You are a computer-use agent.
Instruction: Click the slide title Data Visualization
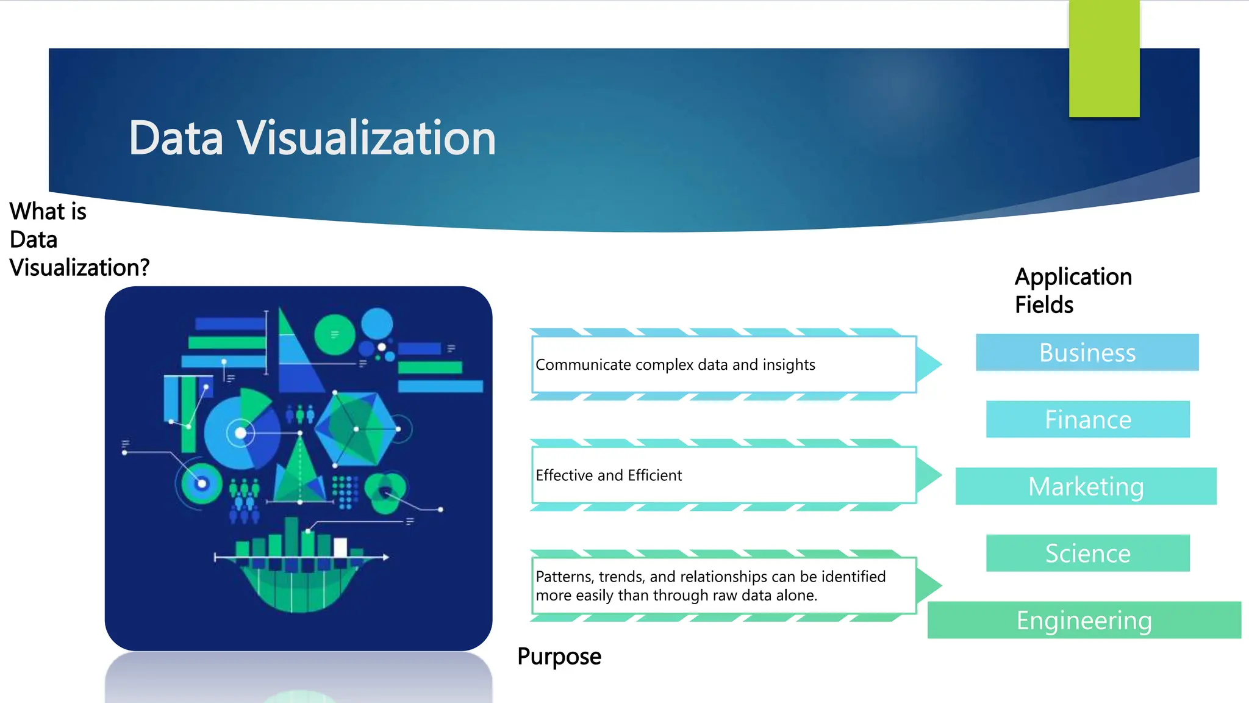click(x=312, y=138)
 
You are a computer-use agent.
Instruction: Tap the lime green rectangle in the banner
click(x=1104, y=59)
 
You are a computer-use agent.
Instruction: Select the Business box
click(x=1087, y=352)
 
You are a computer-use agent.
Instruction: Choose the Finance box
click(x=1087, y=419)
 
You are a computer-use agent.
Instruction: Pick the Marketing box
click(x=1086, y=486)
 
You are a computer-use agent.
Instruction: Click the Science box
click(x=1087, y=553)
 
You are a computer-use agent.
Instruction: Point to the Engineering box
click(x=1084, y=620)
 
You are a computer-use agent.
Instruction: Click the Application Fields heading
click(x=1073, y=290)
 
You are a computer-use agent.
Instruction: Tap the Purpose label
click(x=559, y=657)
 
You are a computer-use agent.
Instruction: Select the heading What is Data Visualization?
click(x=79, y=239)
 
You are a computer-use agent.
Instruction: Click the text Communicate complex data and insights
click(x=675, y=365)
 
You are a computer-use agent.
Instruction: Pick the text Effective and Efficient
click(x=609, y=475)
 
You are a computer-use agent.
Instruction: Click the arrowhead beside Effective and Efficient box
click(x=928, y=475)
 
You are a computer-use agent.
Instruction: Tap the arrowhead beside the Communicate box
click(x=928, y=364)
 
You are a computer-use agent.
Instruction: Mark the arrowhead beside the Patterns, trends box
click(x=928, y=585)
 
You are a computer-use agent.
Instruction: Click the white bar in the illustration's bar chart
click(x=340, y=547)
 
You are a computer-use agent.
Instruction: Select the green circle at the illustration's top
click(x=334, y=335)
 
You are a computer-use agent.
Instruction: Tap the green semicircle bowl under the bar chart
click(x=299, y=589)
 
